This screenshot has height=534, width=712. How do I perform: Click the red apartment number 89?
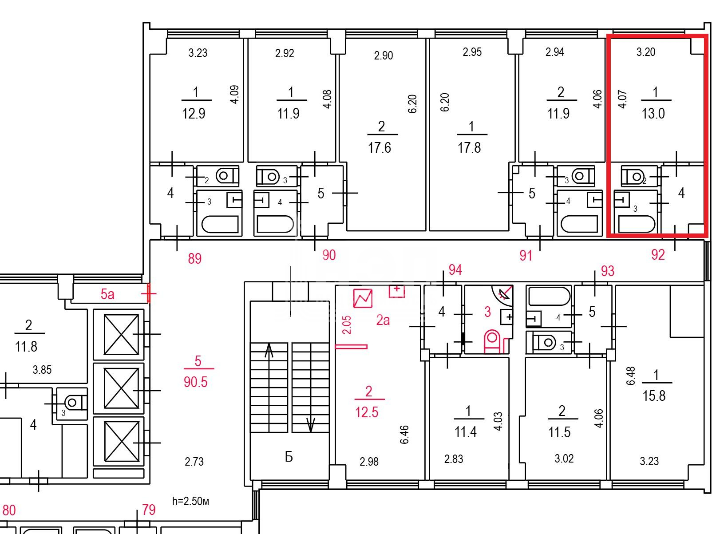coord(194,259)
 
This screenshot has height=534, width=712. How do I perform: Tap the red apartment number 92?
coord(658,255)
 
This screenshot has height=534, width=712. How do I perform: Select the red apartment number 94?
coord(455,270)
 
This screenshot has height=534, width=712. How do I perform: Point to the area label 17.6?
coord(379,148)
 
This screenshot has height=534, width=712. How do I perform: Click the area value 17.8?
coord(469,148)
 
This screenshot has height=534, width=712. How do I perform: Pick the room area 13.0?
coord(653,114)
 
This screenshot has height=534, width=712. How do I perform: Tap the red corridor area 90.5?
coord(195,382)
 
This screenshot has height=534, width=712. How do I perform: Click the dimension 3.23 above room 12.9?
coord(198,53)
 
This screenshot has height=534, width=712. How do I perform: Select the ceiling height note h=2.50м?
coord(190,501)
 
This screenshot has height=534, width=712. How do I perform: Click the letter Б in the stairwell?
coord(289,457)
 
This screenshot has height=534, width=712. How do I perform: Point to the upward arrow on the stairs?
coord(269,351)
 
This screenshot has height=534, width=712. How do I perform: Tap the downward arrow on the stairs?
coord(311,425)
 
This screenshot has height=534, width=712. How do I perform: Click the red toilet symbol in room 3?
coord(493,341)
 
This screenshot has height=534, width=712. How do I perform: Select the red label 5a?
coord(107,294)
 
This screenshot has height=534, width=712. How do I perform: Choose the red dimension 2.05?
coord(347,325)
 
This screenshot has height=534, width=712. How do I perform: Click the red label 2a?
coord(383,320)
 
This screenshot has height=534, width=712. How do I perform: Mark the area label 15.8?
coord(654,396)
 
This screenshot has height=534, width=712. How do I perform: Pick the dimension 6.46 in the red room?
coord(404,435)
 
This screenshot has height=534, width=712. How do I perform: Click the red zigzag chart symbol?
coord(363,298)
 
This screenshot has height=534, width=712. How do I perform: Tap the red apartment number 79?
coord(149,510)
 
